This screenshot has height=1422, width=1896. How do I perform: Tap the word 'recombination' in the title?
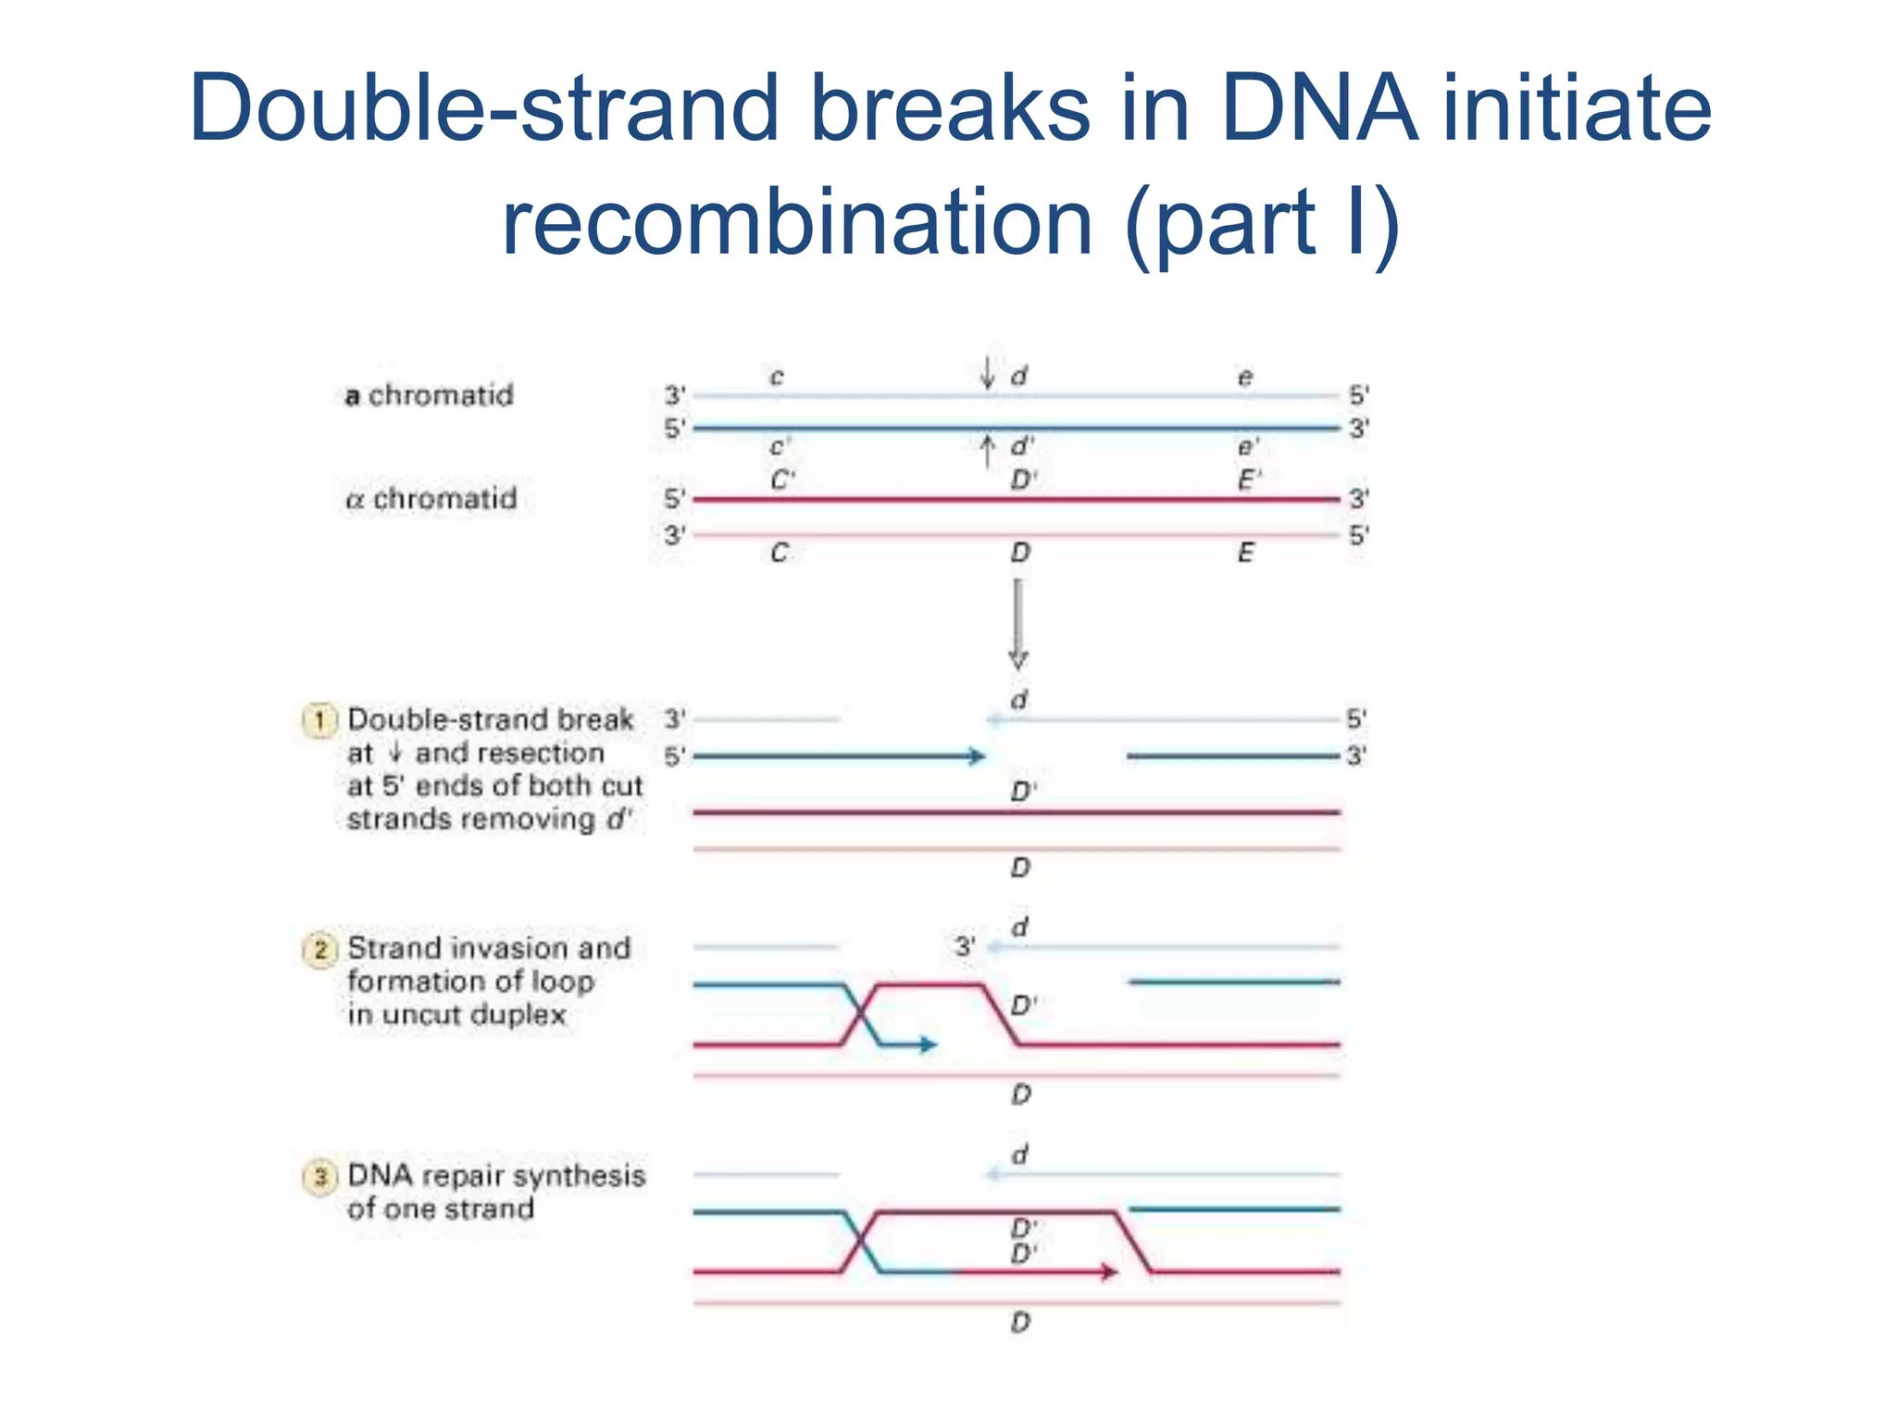click(797, 222)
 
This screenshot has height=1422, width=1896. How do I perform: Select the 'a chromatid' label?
click(429, 395)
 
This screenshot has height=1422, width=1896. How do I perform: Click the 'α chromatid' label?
click(430, 499)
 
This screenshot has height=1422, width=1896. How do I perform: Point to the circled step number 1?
click(319, 720)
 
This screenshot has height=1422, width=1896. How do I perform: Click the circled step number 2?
click(319, 950)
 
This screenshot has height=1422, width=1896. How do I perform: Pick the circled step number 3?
click(319, 1177)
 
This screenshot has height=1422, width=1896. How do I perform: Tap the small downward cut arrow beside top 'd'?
click(988, 373)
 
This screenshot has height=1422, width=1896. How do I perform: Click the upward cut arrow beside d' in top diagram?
click(988, 452)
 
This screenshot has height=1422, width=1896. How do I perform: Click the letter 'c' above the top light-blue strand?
click(777, 377)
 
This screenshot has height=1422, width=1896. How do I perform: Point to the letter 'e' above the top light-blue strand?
click(1245, 377)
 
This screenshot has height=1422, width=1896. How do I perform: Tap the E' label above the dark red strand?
click(1249, 480)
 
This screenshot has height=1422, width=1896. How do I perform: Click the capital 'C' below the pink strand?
click(780, 553)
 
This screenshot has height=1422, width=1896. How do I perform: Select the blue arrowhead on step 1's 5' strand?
click(977, 756)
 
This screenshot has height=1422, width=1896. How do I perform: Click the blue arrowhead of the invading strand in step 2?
click(929, 1045)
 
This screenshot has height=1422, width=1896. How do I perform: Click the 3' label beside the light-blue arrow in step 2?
click(965, 946)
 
